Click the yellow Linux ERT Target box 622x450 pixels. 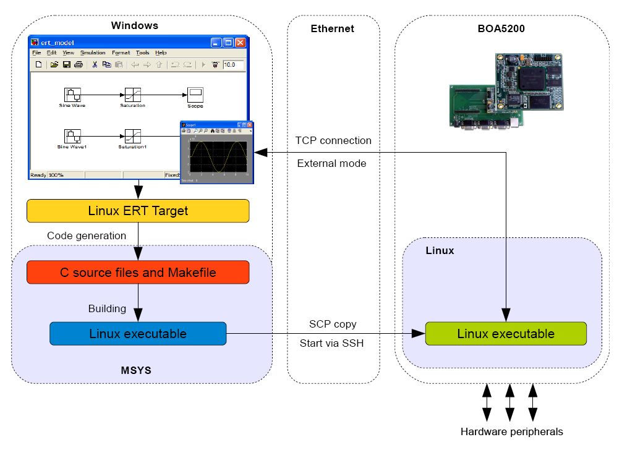tap(138, 211)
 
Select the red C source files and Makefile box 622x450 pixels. tap(138, 272)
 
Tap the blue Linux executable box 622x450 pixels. tap(138, 334)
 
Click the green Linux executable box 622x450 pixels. tap(506, 334)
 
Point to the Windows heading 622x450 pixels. tap(134, 25)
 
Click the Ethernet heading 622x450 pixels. tap(333, 28)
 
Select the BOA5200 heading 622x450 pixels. tap(500, 28)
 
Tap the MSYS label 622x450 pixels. tap(137, 370)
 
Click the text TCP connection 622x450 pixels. tap(334, 140)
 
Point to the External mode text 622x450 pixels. tap(331, 164)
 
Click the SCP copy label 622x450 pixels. tap(333, 324)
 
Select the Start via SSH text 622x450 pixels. tap(331, 343)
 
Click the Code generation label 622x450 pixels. tap(87, 236)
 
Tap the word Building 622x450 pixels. tap(107, 308)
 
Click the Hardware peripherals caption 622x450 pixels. tap(511, 431)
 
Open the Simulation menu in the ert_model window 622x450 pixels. tap(93, 53)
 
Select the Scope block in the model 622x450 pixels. tap(195, 95)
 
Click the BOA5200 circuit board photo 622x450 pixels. tap(508, 90)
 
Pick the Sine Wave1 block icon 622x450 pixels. tap(72, 135)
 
